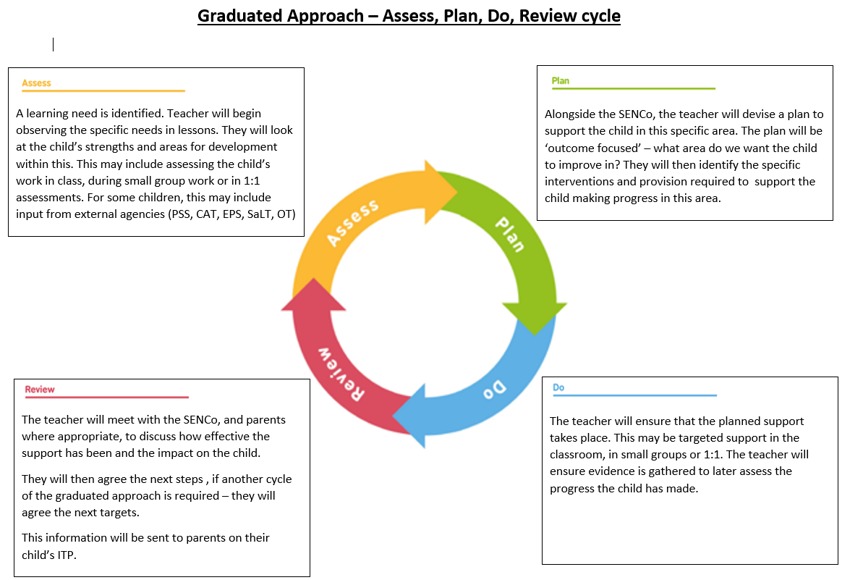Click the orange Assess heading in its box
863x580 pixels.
[37, 83]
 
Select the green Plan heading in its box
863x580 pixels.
[560, 81]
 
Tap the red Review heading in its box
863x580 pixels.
[40, 389]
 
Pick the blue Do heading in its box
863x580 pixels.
[559, 387]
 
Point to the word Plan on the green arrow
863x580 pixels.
[509, 233]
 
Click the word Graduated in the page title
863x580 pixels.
[240, 16]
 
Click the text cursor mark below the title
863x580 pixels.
[53, 44]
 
